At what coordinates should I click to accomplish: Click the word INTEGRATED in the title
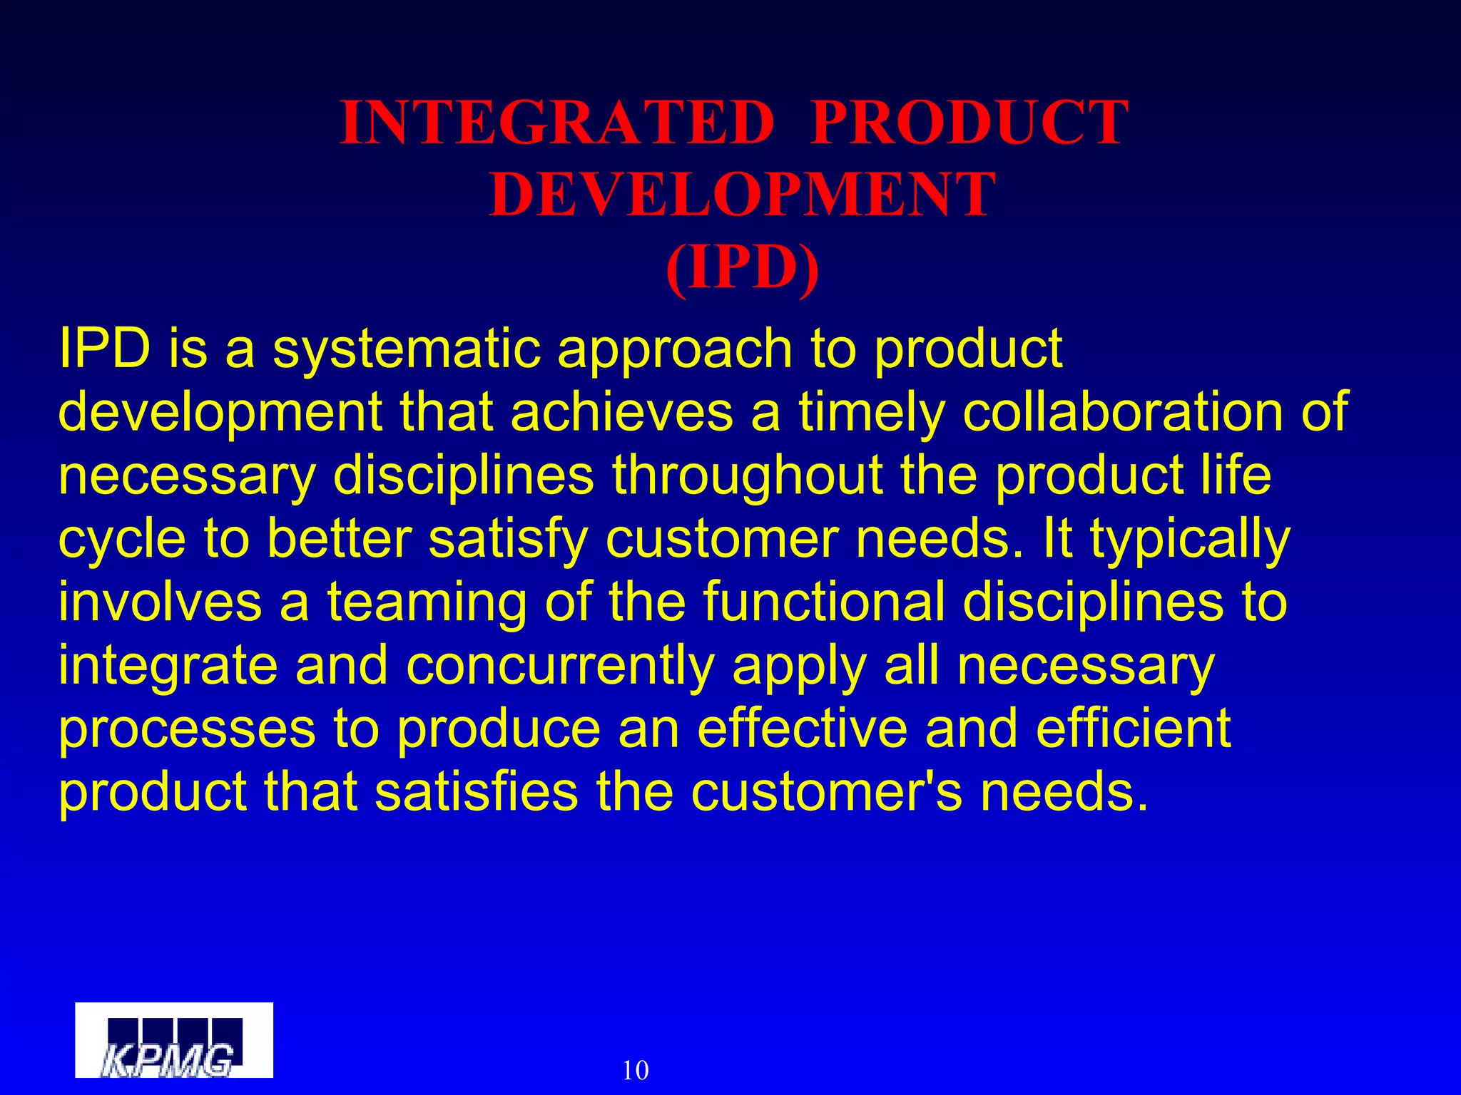coord(557,123)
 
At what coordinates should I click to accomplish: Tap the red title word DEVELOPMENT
coord(742,195)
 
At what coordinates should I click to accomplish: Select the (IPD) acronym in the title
coord(742,267)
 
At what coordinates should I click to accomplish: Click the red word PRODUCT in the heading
coord(969,123)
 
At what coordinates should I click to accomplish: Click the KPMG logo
coord(174,1040)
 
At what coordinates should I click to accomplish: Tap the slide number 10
coord(636,1070)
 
